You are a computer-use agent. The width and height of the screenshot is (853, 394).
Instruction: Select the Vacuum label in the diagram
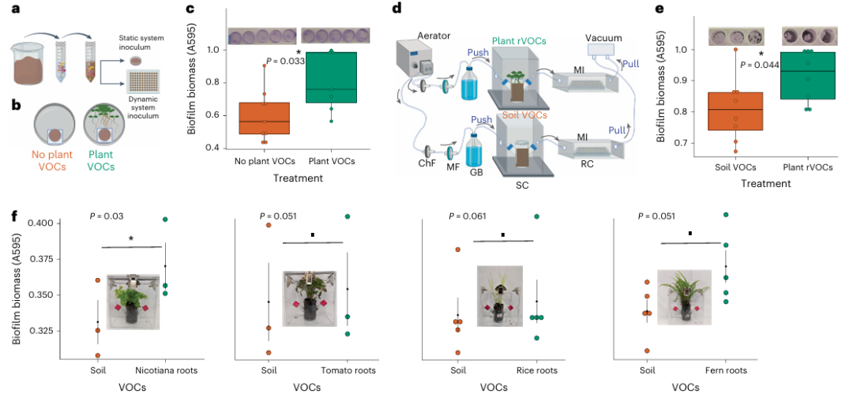tap(604, 37)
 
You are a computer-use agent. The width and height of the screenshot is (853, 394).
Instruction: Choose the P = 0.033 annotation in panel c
tap(285, 61)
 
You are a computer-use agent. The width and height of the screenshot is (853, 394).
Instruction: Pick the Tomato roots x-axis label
tap(347, 370)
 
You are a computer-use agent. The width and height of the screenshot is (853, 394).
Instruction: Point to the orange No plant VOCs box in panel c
tap(264, 118)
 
